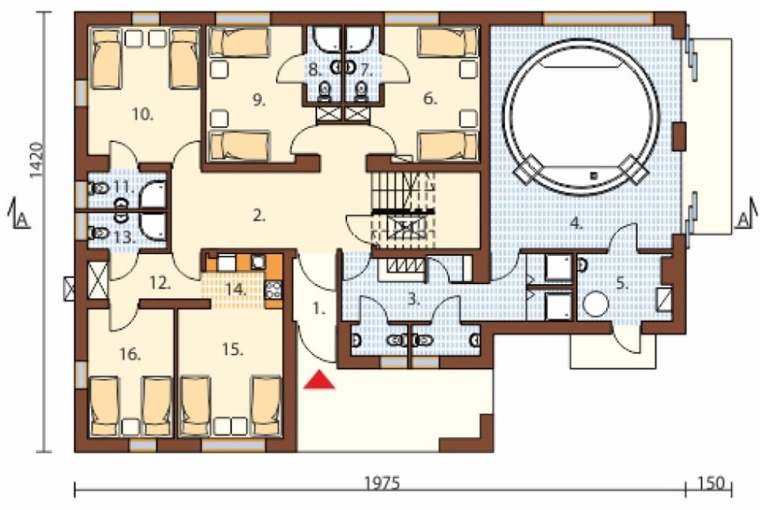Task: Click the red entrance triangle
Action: [x=319, y=380]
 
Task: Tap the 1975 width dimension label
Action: [x=382, y=483]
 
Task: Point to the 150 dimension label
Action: [x=711, y=483]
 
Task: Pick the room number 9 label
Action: [x=259, y=100]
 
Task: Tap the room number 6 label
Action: [x=430, y=99]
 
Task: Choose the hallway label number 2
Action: [x=259, y=215]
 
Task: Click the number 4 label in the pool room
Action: [x=577, y=224]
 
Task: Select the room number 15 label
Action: [x=233, y=350]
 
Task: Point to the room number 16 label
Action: [x=130, y=354]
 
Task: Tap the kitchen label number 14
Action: [x=237, y=289]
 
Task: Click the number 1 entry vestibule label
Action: [x=319, y=309]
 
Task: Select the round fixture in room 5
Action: [x=595, y=304]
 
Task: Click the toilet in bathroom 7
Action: [x=361, y=90]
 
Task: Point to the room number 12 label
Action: [x=160, y=283]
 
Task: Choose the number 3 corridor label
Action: [x=414, y=299]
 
